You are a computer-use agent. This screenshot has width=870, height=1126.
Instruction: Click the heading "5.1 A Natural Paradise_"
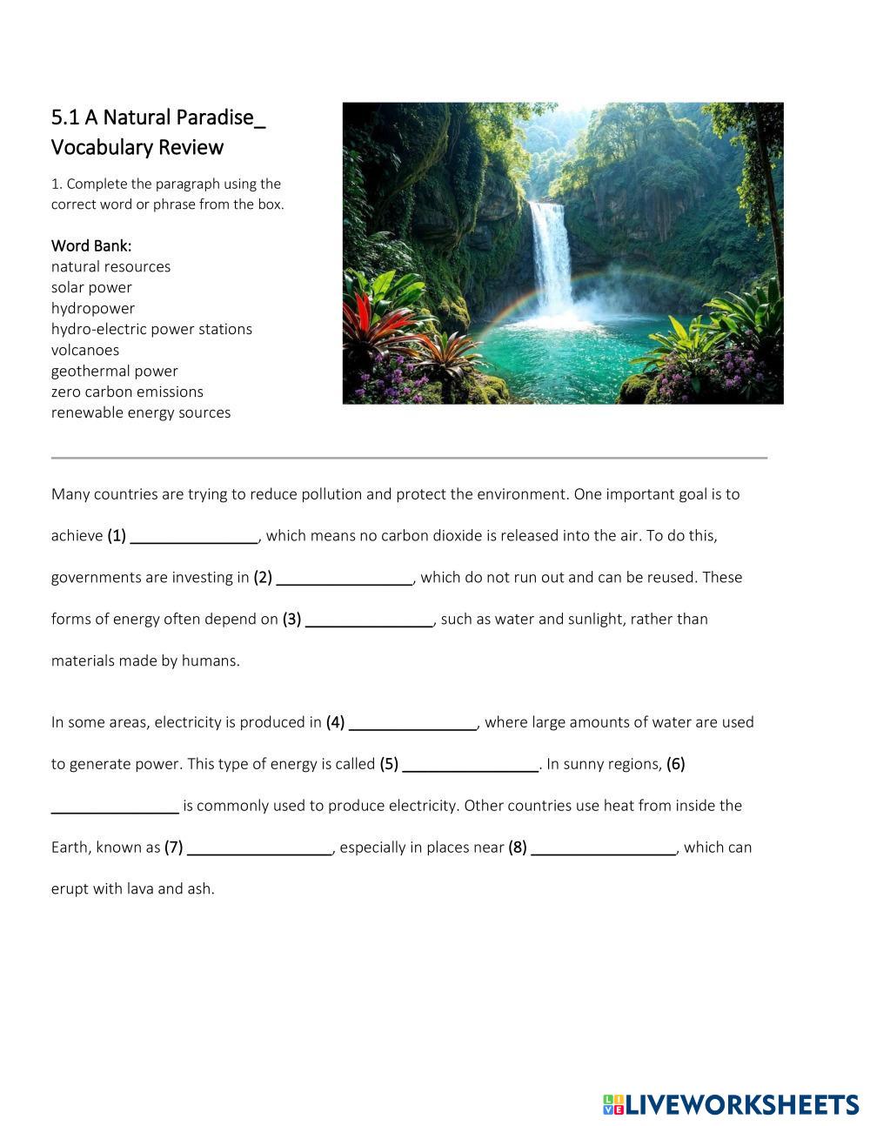157,117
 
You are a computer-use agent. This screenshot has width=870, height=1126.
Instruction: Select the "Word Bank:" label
91,245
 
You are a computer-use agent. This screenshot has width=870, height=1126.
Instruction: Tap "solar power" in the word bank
91,287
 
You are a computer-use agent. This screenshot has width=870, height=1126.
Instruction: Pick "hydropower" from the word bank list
93,308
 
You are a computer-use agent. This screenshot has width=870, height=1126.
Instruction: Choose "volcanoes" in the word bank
85,350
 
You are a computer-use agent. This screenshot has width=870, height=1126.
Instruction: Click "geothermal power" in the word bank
114,371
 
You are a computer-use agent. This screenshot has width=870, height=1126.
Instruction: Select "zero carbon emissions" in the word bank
127,392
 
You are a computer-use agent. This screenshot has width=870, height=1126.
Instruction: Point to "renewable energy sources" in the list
141,412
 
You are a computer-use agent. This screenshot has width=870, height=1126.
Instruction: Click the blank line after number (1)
194,538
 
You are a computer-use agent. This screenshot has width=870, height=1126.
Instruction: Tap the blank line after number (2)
345,580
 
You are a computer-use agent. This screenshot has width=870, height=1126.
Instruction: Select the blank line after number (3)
369,621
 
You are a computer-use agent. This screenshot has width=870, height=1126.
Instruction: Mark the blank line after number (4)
412,724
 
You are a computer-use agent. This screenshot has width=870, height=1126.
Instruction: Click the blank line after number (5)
471,766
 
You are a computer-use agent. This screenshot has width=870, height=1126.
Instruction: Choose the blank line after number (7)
260,849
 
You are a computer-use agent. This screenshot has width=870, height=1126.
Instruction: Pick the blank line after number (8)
604,849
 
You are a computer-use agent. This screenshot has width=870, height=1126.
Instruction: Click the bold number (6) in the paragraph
676,764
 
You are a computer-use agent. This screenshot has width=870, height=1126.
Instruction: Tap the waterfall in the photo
551,252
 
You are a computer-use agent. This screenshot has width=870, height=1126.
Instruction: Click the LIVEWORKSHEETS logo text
741,1104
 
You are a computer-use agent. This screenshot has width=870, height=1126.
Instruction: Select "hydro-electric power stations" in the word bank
151,329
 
